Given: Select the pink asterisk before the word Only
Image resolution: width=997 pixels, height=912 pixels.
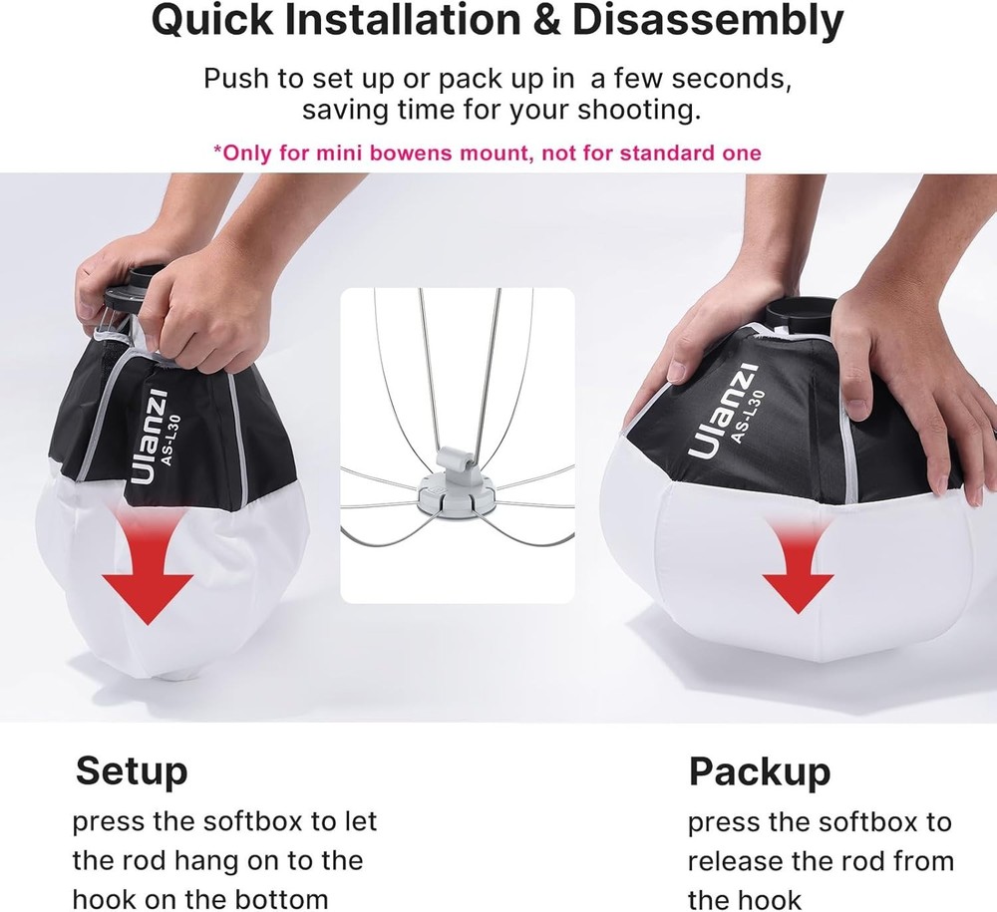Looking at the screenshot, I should click(217, 153).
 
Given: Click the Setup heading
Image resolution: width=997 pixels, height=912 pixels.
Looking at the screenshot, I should click(131, 770).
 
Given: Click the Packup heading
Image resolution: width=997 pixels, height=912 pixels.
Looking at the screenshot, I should click(759, 770).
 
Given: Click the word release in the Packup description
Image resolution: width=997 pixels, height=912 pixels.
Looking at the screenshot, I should click(737, 861).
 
